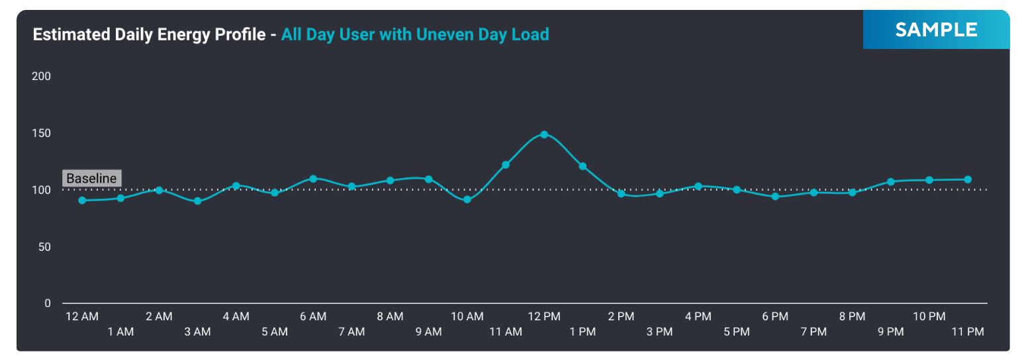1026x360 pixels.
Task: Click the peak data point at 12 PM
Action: point(544,134)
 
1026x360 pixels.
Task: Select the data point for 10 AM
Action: point(467,199)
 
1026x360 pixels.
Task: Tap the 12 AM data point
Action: point(82,200)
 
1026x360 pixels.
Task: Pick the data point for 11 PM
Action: point(968,179)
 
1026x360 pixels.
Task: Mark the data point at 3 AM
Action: point(197,201)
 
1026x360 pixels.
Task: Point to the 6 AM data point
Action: point(313,179)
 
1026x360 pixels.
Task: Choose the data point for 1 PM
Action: point(583,166)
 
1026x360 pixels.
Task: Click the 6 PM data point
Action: point(775,197)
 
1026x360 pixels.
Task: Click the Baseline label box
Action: point(91,179)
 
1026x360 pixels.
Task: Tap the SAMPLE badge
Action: point(936,30)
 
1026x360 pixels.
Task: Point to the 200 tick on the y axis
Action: point(42,76)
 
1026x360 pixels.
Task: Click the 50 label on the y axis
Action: point(44,247)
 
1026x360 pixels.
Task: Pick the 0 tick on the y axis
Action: point(48,304)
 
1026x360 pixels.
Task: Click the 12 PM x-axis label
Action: point(544,317)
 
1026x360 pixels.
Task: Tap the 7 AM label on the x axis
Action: point(351,332)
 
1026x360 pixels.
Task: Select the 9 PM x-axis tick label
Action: point(890,332)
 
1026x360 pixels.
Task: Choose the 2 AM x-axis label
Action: point(159,317)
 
